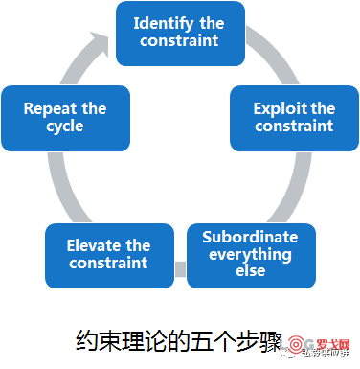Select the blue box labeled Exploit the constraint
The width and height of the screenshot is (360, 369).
pyautogui.click(x=294, y=117)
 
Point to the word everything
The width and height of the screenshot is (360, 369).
pyautogui.click(x=249, y=254)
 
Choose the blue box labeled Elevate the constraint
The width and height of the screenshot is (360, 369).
pyautogui.click(x=109, y=255)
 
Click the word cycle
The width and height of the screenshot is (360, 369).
pyautogui.click(x=64, y=127)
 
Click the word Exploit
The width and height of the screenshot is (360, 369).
pyautogui.click(x=279, y=108)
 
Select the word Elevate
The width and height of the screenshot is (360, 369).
pyautogui.click(x=94, y=246)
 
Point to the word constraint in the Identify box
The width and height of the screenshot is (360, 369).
pyautogui.click(x=179, y=40)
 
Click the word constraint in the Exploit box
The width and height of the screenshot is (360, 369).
pyautogui.click(x=294, y=127)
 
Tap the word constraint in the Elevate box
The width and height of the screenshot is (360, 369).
pyautogui.click(x=109, y=264)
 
